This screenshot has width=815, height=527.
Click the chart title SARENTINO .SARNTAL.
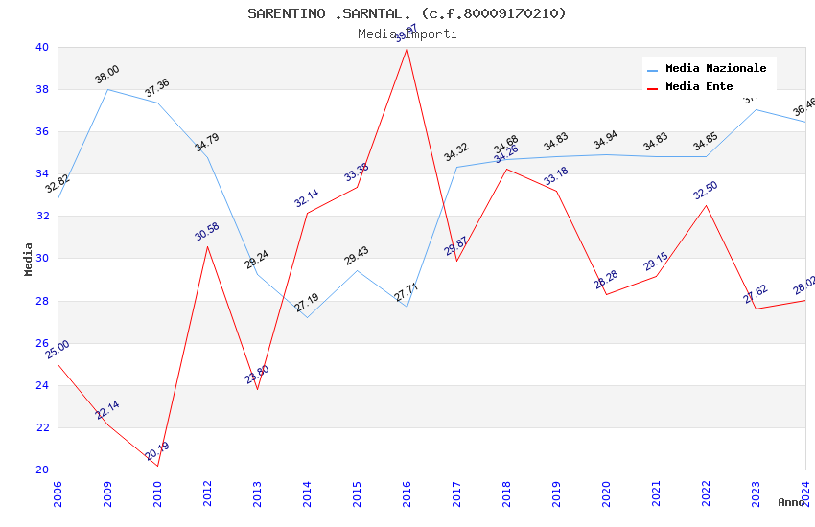(407, 13)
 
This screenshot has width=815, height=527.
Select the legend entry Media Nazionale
(715, 69)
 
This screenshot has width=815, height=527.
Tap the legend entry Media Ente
(699, 87)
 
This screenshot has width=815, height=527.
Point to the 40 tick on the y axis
(41, 48)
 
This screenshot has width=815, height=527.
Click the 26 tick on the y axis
(41, 343)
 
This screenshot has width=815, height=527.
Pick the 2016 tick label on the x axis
(407, 494)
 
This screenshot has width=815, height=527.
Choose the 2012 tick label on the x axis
(207, 494)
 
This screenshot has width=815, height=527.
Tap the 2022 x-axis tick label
(707, 494)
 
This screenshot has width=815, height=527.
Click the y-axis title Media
(29, 259)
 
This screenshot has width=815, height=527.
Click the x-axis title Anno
(791, 502)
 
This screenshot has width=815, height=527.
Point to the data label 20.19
(156, 450)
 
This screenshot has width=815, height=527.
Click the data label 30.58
(206, 231)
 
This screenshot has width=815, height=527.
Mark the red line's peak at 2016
(407, 48)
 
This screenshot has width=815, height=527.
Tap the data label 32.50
(706, 190)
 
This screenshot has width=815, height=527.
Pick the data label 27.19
(306, 303)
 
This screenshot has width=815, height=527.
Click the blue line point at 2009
(107, 89)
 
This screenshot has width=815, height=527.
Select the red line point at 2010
(157, 467)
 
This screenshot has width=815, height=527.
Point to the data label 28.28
(606, 280)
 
